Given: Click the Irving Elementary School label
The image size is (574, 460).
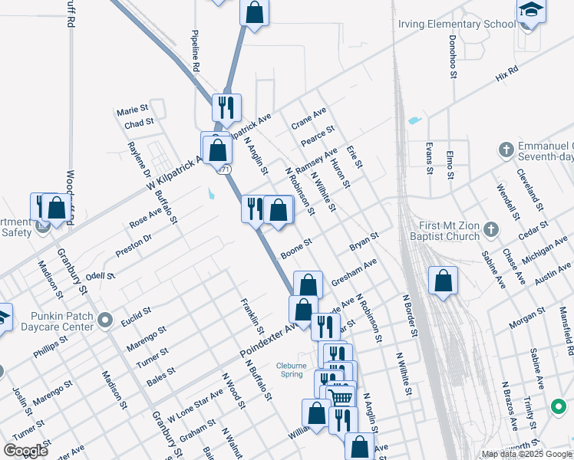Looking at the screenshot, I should [x=457, y=25].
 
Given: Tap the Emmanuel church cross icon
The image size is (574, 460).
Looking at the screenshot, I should [x=506, y=149].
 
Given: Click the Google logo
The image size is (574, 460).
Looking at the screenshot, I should [x=25, y=450].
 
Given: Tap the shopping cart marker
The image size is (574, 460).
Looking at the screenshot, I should [x=341, y=396].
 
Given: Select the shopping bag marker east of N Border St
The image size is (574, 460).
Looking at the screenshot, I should [x=443, y=281].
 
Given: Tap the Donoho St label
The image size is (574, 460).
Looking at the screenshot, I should [x=453, y=56].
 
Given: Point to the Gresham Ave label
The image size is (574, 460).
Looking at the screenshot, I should [x=355, y=272].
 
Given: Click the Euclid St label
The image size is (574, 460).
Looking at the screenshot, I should [x=136, y=317].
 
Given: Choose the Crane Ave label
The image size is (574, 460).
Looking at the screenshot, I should [x=308, y=118].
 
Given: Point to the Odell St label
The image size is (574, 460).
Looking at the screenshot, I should [x=100, y=275].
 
